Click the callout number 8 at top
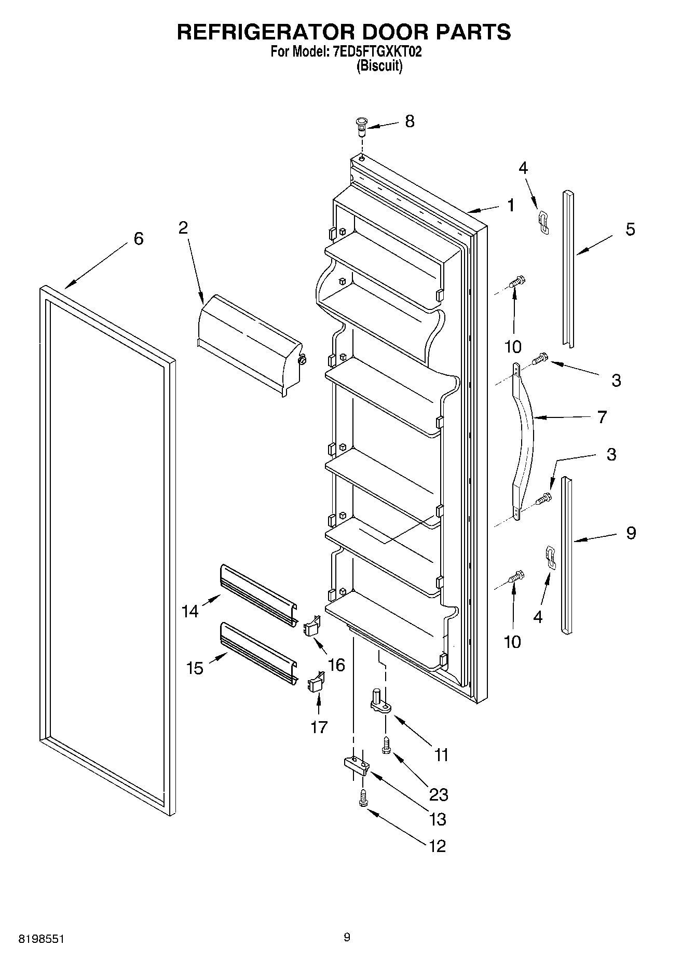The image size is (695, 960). click(410, 121)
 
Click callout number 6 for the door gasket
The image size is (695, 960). click(138, 239)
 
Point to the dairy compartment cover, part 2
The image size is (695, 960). click(249, 343)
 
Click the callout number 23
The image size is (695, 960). click(439, 794)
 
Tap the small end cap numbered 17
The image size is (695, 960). click(317, 682)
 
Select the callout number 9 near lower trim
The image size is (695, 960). click(631, 533)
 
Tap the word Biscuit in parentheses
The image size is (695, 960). click(379, 66)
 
